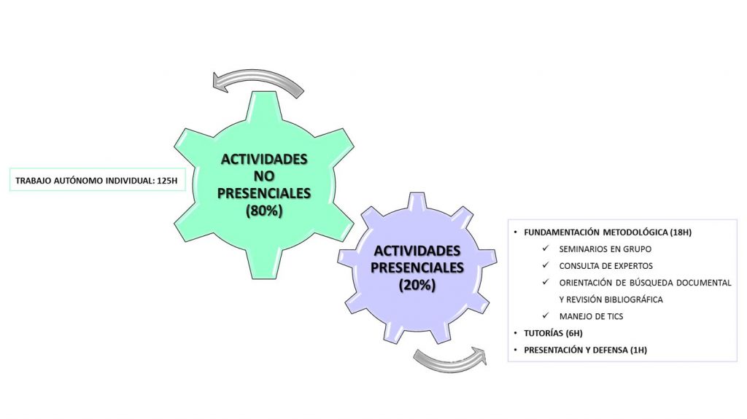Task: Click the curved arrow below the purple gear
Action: (x=449, y=363)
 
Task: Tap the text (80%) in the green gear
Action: (x=264, y=211)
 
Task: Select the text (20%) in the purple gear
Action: (x=417, y=285)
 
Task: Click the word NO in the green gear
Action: (x=264, y=176)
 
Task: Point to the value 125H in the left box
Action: (x=167, y=181)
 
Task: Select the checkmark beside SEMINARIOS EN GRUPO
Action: (x=546, y=248)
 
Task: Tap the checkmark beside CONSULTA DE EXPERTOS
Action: (x=546, y=265)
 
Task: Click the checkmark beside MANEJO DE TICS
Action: (x=546, y=316)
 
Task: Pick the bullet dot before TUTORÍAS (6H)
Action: (x=516, y=333)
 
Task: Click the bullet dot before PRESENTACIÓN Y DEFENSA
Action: (x=516, y=350)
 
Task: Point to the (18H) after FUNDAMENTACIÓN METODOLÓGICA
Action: (x=681, y=232)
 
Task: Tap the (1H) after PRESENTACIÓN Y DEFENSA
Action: (x=638, y=350)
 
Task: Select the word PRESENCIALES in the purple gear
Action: (x=417, y=267)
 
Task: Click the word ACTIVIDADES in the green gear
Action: (x=264, y=159)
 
